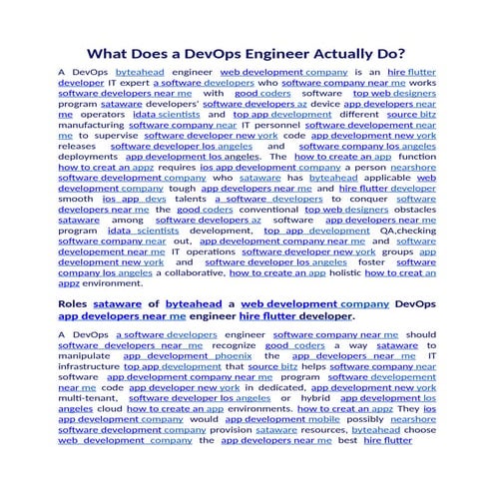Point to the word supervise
coord(117,136)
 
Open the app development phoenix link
coord(195,355)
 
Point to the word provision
coord(229,428)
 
